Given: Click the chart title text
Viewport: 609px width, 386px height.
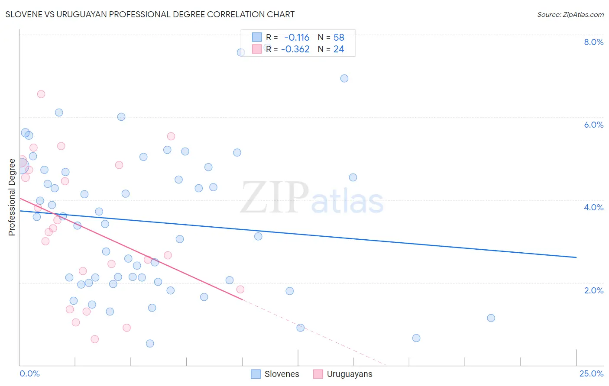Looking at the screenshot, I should pos(150,14).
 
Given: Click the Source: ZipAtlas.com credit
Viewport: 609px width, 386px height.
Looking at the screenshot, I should pos(570,14).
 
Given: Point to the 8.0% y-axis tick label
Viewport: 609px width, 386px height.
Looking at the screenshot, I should pos(593,42).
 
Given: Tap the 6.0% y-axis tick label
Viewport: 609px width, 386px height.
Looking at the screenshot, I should pos(593,125).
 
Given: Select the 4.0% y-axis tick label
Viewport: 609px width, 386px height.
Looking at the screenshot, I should pos(593,207).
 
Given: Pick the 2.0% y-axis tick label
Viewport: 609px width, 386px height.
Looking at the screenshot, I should pos(593,290).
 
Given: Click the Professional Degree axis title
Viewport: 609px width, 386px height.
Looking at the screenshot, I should pos(12,197).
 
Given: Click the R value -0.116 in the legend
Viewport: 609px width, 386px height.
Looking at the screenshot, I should pos(297,38).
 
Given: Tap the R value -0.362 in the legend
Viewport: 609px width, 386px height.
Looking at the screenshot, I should pos(295,49).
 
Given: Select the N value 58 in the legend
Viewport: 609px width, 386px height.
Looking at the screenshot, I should pos(339,38).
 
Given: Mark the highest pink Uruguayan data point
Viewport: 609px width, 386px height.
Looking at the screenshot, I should pos(41,94).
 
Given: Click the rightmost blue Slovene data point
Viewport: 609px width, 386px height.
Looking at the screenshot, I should pos(491,318).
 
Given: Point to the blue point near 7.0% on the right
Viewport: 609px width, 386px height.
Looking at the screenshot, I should pos(344,78).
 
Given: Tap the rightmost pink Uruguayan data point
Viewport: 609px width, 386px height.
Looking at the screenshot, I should pos(240,289).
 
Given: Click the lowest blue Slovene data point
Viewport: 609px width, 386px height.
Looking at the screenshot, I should pos(150,344).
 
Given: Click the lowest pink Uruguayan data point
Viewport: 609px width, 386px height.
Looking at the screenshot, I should pos(95,339).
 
